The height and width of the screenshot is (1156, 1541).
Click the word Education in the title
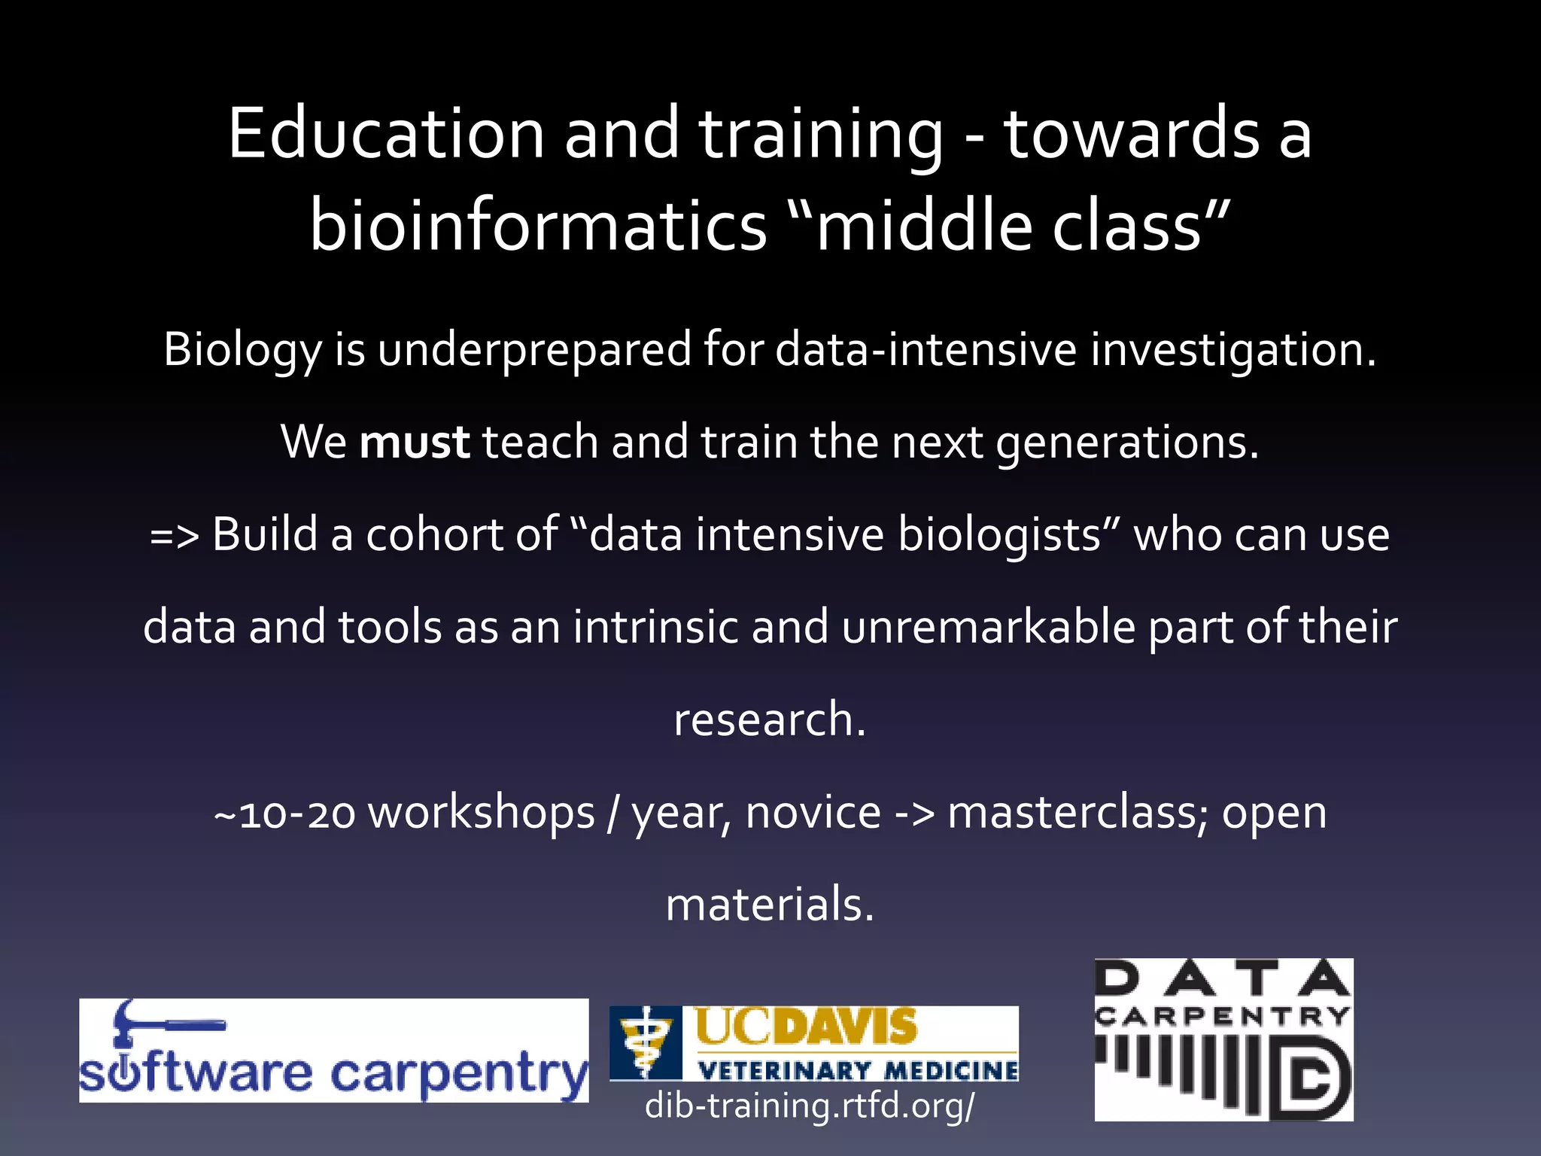(386, 133)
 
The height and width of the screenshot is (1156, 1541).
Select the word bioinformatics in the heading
(538, 226)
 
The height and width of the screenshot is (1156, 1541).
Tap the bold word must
(415, 442)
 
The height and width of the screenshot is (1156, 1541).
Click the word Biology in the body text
(242, 350)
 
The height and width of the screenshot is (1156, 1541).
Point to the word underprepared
(533, 350)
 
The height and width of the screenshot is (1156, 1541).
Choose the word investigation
(1233, 350)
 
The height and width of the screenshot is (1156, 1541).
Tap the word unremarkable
(988, 627)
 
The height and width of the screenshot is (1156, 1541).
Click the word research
(769, 719)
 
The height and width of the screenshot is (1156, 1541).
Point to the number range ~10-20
(284, 814)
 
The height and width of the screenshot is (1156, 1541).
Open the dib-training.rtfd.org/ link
(810, 1105)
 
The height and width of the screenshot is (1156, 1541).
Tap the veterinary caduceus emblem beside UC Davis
(645, 1043)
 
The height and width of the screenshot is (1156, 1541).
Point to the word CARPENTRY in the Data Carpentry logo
(1223, 1018)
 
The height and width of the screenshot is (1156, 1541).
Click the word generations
(1127, 442)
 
